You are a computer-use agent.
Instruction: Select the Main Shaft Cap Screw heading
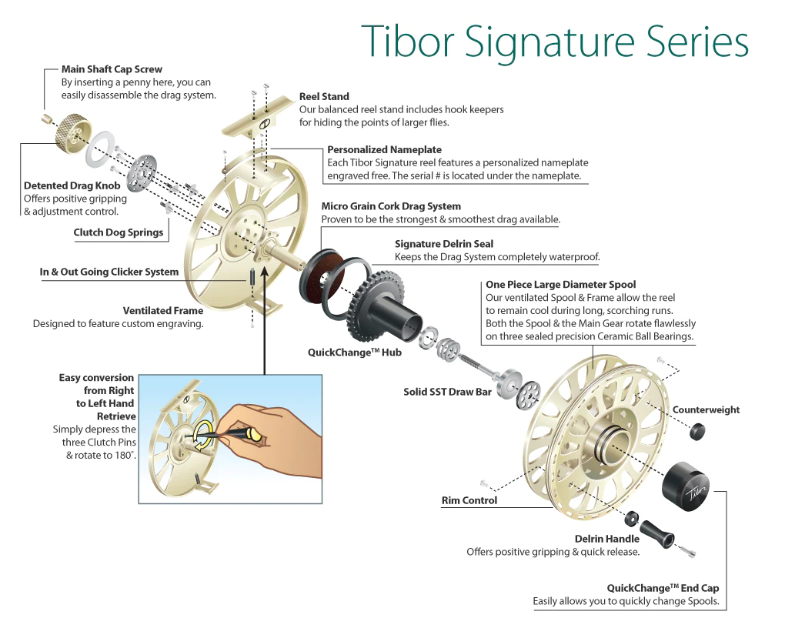[112, 69]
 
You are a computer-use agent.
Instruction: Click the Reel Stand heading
[324, 97]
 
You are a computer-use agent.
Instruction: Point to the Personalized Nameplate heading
[384, 149]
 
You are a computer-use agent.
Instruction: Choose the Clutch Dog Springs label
[119, 232]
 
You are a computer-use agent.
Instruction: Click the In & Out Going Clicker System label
[109, 272]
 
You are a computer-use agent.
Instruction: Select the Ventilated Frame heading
[163, 311]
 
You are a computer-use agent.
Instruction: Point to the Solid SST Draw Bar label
[447, 392]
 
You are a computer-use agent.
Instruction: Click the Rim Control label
[469, 500]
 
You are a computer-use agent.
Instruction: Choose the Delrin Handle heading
[606, 539]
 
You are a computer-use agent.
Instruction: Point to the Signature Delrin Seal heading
[444, 244]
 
